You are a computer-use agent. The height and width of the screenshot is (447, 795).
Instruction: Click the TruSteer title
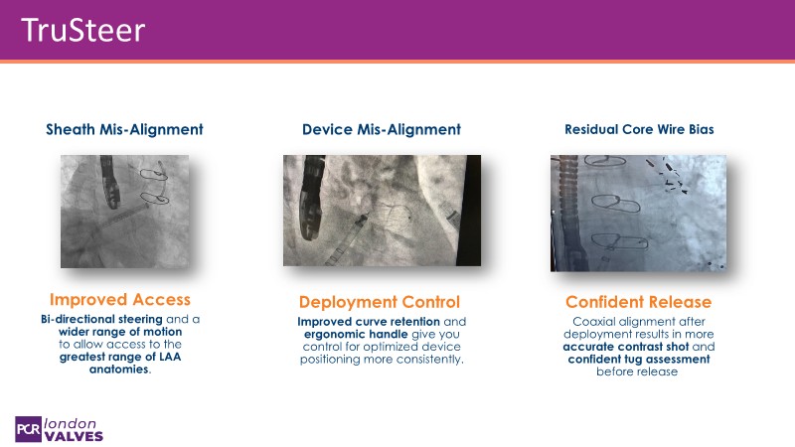83,30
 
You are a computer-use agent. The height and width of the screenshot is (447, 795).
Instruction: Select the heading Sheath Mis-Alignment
124,129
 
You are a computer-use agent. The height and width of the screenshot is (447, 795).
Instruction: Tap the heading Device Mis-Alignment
382,129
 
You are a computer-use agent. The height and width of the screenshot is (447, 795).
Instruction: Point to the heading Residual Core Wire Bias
639,129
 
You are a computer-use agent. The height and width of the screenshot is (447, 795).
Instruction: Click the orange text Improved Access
120,300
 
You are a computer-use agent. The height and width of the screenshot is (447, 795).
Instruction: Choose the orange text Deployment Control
380,302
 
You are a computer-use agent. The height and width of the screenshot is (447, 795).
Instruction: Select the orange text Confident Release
638,302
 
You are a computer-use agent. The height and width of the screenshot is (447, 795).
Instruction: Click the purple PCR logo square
28,429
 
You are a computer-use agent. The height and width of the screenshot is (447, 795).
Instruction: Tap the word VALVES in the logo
74,436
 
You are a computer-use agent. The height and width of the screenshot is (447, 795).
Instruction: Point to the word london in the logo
70,424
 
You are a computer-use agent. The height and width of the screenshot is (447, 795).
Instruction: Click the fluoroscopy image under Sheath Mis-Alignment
125,212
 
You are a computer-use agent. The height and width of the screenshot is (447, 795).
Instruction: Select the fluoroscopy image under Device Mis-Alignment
382,211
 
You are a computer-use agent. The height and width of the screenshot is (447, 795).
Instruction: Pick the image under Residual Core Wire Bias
638,214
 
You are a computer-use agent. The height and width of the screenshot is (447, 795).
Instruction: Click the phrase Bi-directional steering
101,319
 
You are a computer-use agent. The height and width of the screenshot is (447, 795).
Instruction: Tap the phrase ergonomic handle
356,335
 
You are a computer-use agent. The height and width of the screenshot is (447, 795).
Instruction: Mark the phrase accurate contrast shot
626,347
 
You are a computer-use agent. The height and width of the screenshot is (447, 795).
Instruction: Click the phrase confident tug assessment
639,360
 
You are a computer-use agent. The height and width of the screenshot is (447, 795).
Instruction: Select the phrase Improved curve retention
369,322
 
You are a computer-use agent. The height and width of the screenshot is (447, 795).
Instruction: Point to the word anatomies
119,370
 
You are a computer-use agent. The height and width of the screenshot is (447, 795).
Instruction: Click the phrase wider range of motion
120,332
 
